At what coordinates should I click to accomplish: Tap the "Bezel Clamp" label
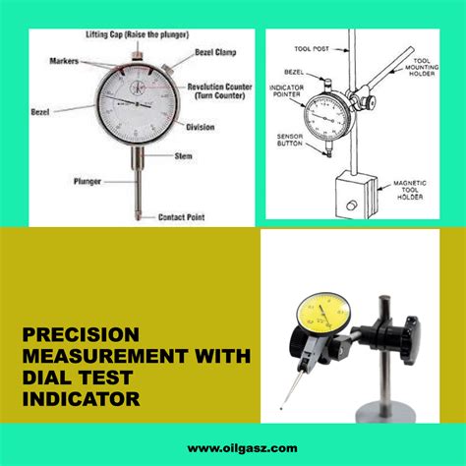(x=213, y=48)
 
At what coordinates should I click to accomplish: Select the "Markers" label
(x=64, y=61)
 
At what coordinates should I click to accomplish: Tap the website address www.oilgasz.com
(x=233, y=446)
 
